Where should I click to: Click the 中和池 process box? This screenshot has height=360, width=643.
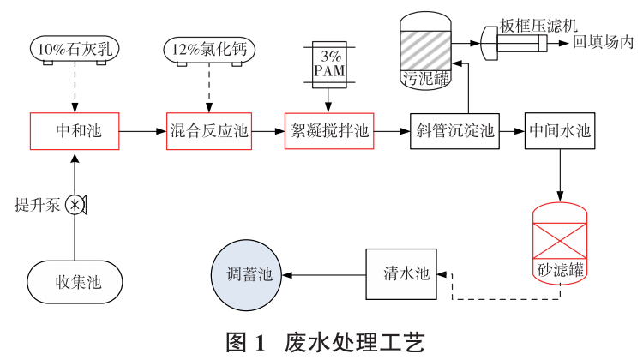[75, 131]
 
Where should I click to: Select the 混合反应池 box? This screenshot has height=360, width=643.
[209, 131]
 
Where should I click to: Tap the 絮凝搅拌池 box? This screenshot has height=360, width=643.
[329, 131]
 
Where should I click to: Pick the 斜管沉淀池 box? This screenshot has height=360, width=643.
[454, 131]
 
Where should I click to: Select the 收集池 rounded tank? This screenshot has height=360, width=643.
[75, 281]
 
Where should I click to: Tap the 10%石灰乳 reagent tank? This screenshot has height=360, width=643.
[75, 50]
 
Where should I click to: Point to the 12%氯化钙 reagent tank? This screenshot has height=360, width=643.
[209, 50]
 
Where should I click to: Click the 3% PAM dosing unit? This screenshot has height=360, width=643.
[329, 63]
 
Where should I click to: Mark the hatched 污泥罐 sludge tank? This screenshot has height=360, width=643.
[427, 51]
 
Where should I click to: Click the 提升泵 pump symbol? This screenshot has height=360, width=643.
[76, 205]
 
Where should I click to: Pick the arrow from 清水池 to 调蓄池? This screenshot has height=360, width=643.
[325, 275]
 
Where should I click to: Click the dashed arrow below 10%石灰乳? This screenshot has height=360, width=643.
[75, 86]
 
